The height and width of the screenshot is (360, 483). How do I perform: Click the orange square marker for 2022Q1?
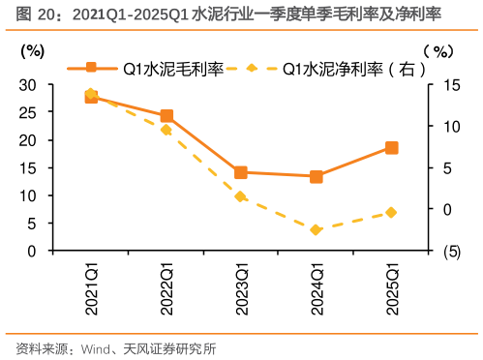point(166,116)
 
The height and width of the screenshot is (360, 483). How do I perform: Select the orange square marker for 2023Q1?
point(241,172)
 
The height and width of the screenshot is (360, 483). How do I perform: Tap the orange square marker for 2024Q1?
point(317,176)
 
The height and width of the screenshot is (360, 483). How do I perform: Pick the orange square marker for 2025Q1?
point(391,148)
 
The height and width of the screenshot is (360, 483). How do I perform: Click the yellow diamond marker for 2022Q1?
point(166,130)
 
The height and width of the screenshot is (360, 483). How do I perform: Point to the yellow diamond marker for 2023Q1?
point(241,196)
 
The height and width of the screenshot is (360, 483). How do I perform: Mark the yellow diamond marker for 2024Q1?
point(317,229)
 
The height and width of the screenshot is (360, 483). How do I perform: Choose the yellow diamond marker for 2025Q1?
point(391,212)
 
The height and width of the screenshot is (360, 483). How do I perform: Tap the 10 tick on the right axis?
point(442,126)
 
